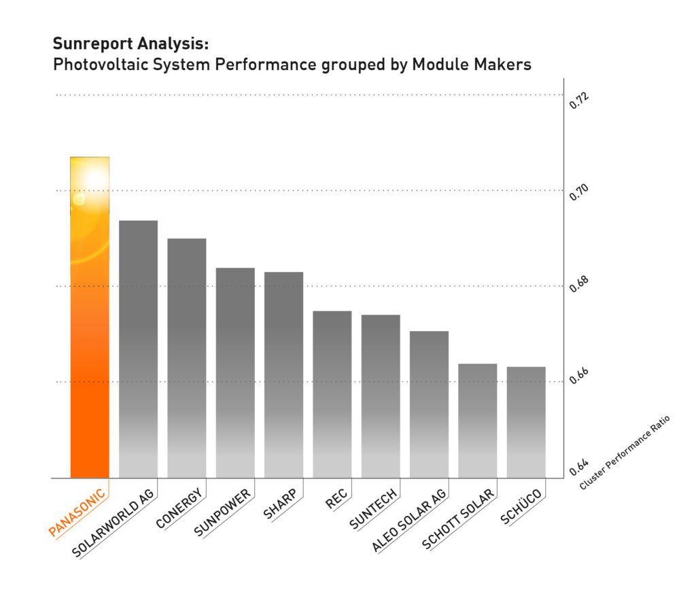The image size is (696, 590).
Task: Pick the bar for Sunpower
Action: pos(235,373)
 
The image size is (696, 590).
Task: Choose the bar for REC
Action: pos(332,394)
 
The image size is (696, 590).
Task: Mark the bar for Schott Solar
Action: pos(478,421)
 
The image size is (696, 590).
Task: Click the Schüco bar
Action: pos(526,422)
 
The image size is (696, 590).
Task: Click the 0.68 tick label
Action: pos(578,287)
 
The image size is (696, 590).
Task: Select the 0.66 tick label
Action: pos(578,381)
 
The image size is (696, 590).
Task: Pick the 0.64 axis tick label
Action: pos(578,468)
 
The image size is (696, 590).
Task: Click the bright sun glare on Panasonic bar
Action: pos(94,179)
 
